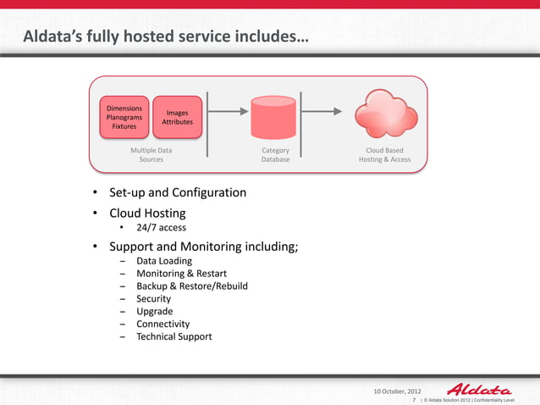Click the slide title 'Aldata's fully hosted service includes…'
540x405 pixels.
(165, 37)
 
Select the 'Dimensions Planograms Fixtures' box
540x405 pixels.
(124, 118)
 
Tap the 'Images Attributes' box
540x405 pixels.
(177, 118)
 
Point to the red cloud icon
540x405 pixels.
(384, 114)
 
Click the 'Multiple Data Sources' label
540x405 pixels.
(152, 154)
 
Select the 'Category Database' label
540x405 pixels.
(275, 154)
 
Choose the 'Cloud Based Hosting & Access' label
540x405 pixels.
(384, 154)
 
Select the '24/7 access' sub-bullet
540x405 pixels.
(161, 229)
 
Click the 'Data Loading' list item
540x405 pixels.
(163, 262)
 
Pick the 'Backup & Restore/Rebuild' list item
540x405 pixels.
(191, 286)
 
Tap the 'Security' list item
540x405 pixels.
(153, 299)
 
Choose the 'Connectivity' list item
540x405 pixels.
(163, 324)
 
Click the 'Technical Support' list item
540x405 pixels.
(174, 336)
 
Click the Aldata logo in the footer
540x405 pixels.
(478, 389)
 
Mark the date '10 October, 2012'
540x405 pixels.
(397, 391)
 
